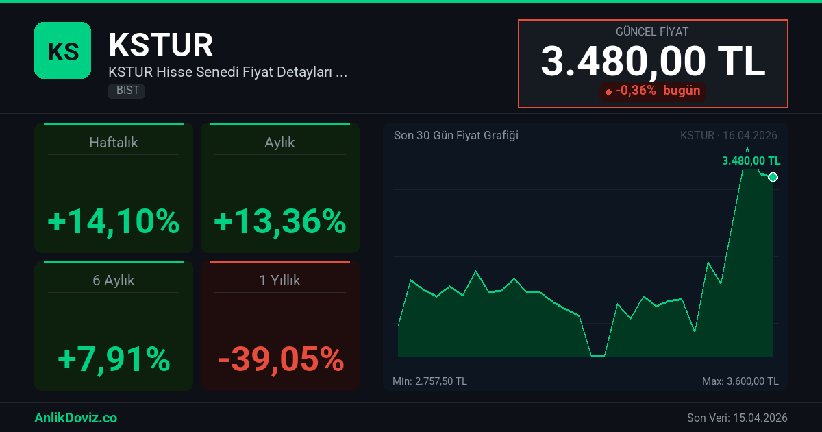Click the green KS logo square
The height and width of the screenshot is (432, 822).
[62, 50]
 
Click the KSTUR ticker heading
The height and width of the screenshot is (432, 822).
[161, 45]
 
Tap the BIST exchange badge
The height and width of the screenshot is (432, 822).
[126, 91]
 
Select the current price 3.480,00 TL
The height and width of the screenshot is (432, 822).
[652, 62]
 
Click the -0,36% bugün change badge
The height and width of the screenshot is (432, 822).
[652, 91]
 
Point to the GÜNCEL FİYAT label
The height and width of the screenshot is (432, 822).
[652, 32]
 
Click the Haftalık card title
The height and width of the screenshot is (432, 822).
[114, 143]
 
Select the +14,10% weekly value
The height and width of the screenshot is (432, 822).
[114, 221]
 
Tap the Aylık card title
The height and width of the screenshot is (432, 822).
[279, 143]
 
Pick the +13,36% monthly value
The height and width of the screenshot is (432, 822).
[279, 221]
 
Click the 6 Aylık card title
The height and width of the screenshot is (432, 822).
[114, 280]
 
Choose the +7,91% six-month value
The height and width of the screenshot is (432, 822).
[114, 359]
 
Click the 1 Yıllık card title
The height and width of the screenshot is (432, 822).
[279, 280]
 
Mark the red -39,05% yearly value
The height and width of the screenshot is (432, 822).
[279, 359]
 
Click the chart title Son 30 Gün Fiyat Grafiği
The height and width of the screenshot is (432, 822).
[456, 135]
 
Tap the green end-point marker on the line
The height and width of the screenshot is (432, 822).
[773, 178]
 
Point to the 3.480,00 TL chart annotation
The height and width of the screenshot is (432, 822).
[751, 161]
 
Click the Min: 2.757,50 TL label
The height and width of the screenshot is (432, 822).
[429, 381]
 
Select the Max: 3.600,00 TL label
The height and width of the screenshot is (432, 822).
[740, 381]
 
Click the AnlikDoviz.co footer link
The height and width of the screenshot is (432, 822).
[75, 418]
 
